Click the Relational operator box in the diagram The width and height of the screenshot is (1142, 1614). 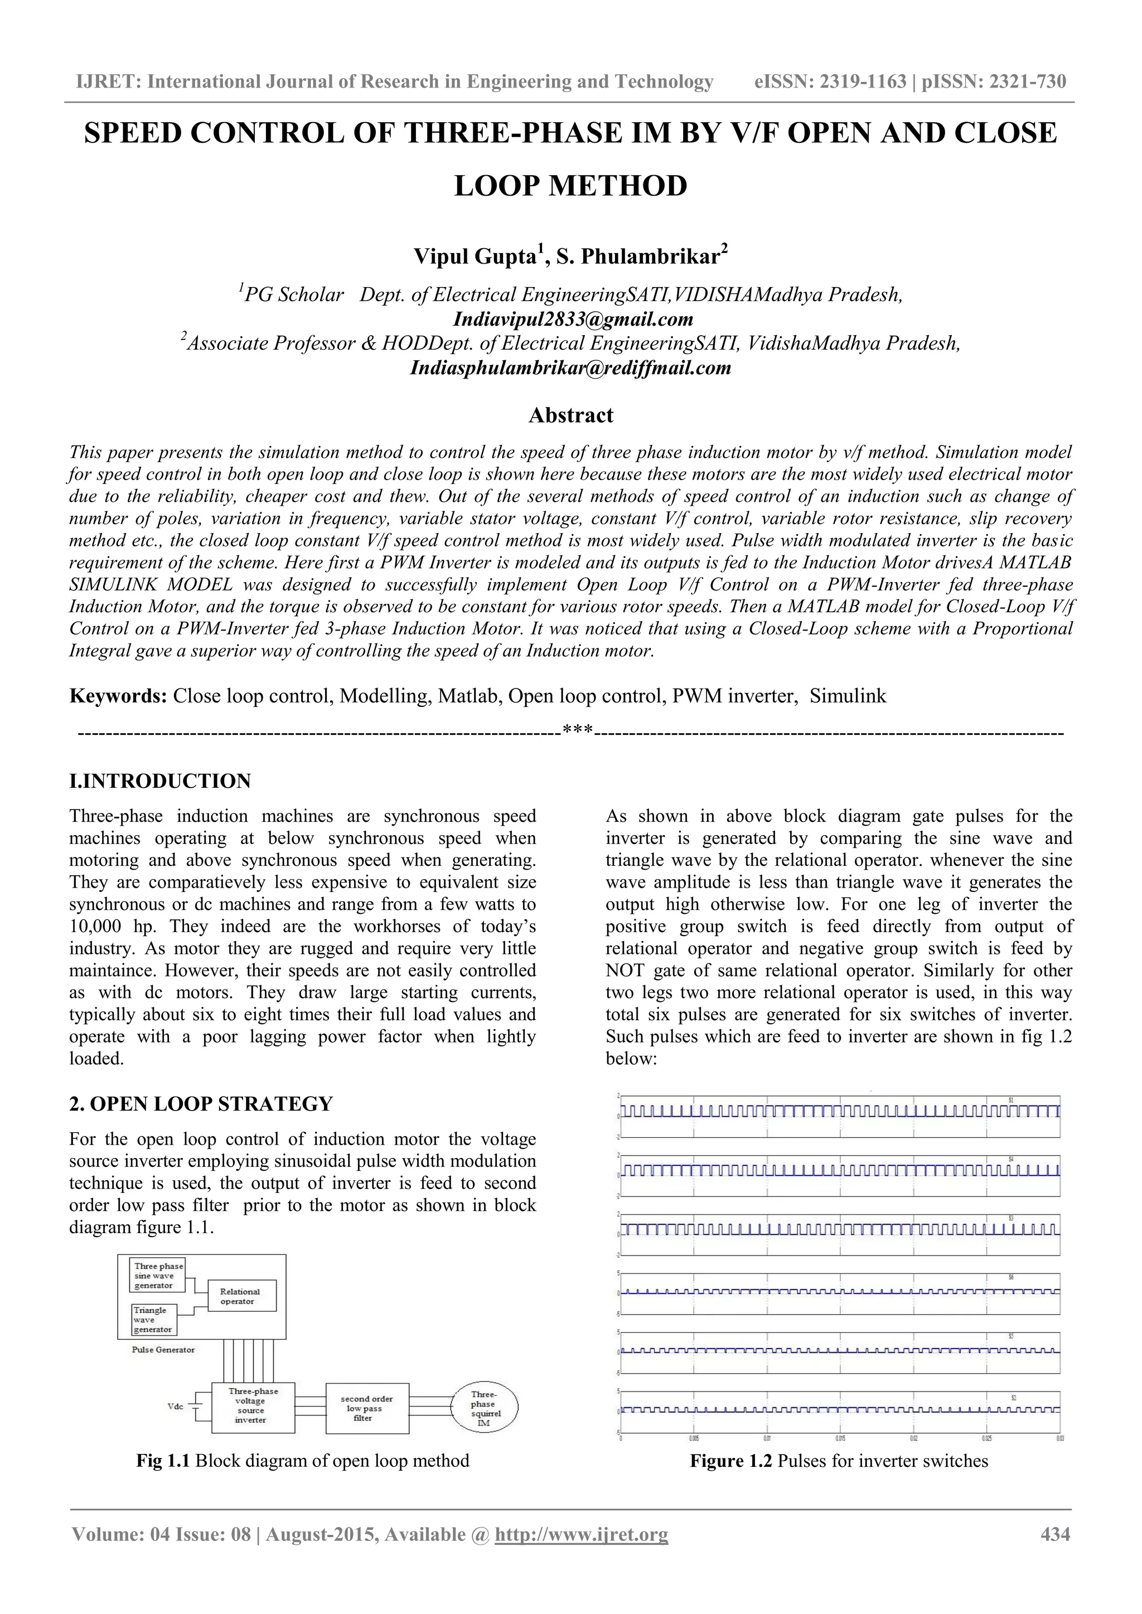(242, 1296)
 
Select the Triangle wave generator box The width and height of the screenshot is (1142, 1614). (153, 1320)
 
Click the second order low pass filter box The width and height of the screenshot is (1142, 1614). (367, 1408)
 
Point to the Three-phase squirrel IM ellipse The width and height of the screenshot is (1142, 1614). (485, 1408)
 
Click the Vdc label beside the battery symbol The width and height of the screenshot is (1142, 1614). (175, 1406)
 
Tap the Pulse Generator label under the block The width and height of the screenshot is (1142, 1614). (163, 1349)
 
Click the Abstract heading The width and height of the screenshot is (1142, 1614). (570, 415)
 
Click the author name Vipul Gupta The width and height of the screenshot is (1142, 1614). (475, 256)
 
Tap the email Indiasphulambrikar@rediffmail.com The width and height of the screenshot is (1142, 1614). (570, 367)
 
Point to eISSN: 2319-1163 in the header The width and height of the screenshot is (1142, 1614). (830, 81)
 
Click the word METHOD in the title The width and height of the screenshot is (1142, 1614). (616, 186)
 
